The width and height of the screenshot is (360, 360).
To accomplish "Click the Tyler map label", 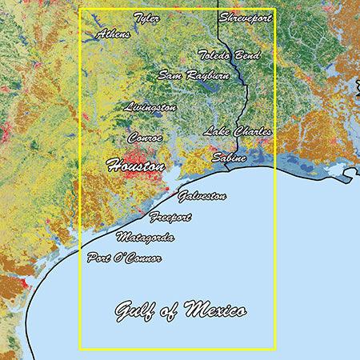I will pyautogui.click(x=146, y=18).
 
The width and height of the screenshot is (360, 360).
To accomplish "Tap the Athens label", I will pyautogui.click(x=113, y=34).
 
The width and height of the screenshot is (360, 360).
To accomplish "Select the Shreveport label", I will pyautogui.click(x=246, y=17).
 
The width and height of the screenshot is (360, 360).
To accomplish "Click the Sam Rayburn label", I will pyautogui.click(x=194, y=75).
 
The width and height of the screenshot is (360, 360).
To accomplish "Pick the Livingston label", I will pyautogui.click(x=150, y=106).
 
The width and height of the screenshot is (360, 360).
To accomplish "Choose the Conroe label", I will pyautogui.click(x=145, y=138).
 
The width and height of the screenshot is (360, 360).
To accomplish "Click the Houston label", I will pyautogui.click(x=135, y=166).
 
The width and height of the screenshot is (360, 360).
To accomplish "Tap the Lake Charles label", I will pyautogui.click(x=238, y=131).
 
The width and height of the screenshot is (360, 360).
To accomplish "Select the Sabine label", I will pyautogui.click(x=229, y=158).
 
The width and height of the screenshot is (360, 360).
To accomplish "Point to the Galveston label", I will pyautogui.click(x=202, y=196).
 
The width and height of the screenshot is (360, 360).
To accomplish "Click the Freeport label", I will pyautogui.click(x=171, y=217).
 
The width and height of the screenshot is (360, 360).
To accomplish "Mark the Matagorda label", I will pyautogui.click(x=145, y=238).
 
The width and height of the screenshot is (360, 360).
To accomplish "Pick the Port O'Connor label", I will pyautogui.click(x=124, y=258).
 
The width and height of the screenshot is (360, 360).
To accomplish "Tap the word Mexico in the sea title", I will pyautogui.click(x=215, y=310).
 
